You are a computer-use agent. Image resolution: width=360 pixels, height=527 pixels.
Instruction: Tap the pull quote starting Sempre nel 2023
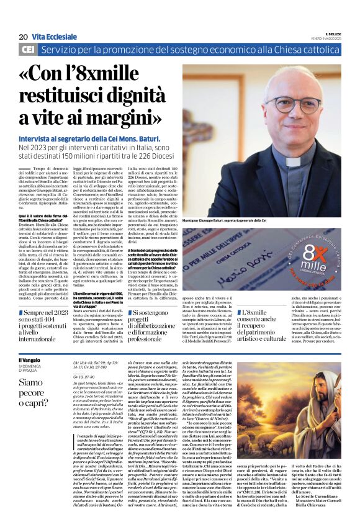pos(43,326)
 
